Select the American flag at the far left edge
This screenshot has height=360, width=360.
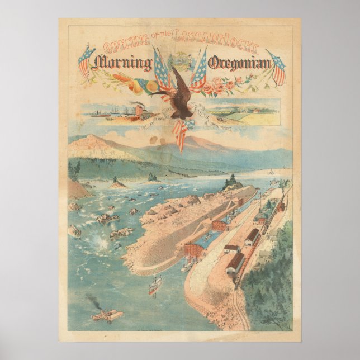click(86, 61)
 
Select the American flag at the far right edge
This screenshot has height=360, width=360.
click(277, 65)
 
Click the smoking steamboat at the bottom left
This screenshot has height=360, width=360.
click(106, 314)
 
